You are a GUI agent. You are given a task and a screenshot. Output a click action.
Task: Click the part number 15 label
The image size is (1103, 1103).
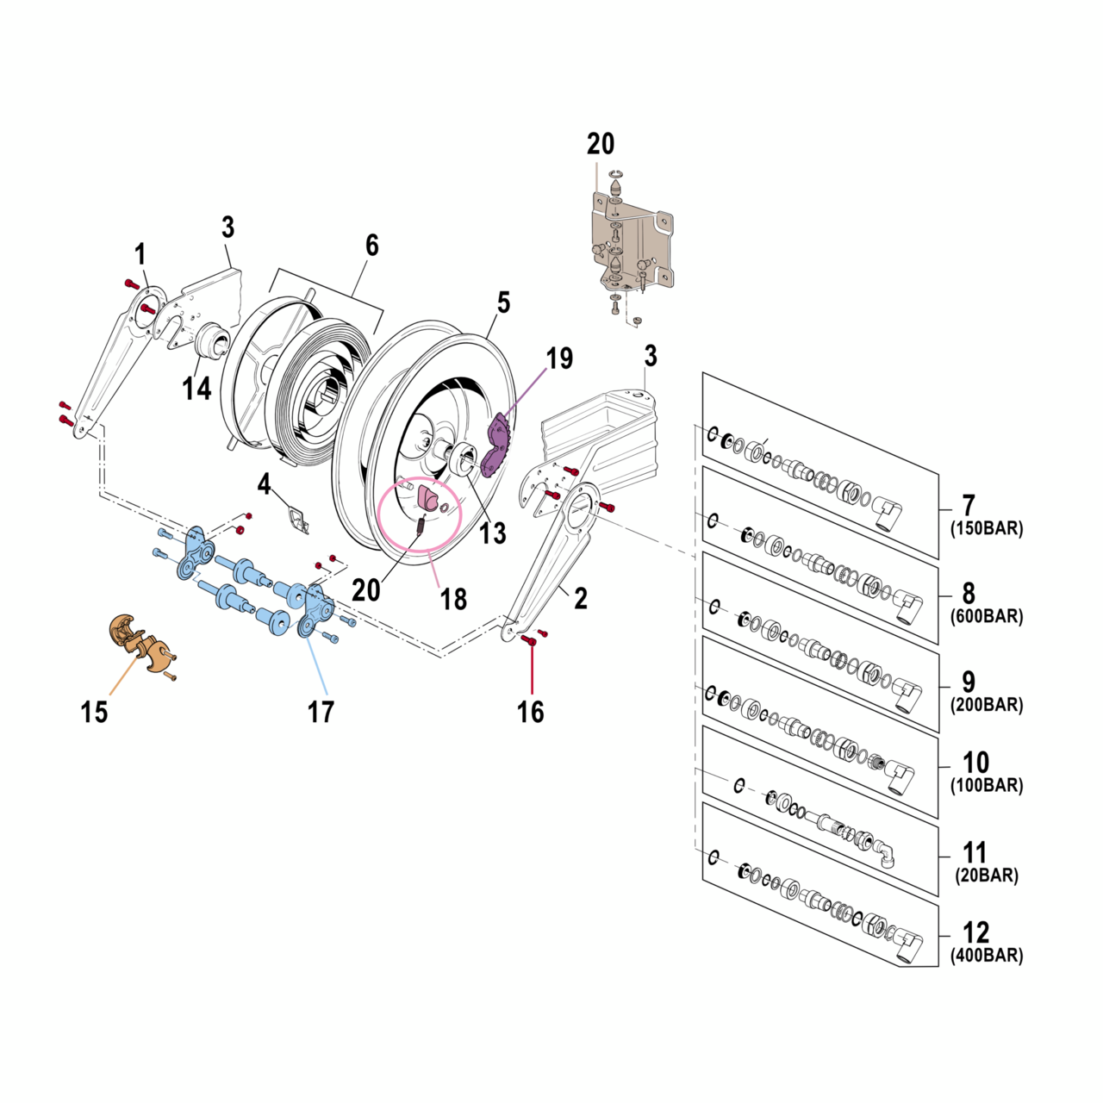pos(94,712)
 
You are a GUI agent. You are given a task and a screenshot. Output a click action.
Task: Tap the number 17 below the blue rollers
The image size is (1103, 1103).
pos(321,712)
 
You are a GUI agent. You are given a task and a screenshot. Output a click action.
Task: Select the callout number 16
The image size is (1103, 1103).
pos(531,712)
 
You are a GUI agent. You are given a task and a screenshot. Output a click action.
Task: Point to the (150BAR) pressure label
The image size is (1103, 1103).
pos(987,528)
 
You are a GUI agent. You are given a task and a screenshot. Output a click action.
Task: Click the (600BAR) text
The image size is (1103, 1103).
pos(987,616)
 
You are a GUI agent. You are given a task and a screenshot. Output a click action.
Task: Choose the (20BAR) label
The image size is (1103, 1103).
pos(987,876)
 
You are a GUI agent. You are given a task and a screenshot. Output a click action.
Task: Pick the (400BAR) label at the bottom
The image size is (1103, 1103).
pos(987,956)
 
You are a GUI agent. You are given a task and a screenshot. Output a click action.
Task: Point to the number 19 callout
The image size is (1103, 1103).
pos(559,358)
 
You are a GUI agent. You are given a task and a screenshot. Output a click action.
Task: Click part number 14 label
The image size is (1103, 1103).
pos(196,389)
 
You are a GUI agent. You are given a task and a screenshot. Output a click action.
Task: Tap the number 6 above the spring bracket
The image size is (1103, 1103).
pos(371,246)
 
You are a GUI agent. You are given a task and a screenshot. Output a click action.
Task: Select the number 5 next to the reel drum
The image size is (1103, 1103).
pos(503,302)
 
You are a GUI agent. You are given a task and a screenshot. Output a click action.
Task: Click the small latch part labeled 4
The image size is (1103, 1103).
pos(299,520)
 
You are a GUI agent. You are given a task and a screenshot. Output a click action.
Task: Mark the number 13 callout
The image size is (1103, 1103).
pos(492,533)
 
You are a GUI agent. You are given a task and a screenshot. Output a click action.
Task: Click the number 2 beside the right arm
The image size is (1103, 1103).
pos(581,598)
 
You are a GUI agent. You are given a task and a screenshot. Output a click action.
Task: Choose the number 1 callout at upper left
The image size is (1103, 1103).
pos(140,254)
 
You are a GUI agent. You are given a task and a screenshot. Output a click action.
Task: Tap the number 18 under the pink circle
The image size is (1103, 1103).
pos(454,598)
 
